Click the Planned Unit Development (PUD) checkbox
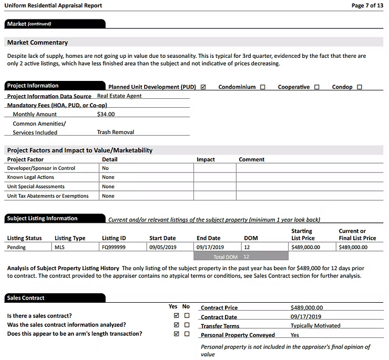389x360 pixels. point(203,87)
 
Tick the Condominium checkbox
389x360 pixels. point(262,87)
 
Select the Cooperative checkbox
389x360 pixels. point(316,87)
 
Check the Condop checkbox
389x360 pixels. point(360,87)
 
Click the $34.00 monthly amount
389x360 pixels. point(106,114)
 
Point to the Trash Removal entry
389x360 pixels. point(116,132)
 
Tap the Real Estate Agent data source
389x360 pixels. point(119,96)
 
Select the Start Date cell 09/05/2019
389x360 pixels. point(163,247)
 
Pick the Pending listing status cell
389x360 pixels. point(17,247)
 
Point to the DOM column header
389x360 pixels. point(251,238)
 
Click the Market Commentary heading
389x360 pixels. point(37,43)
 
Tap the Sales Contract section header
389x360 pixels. point(26,298)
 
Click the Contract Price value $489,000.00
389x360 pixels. point(306,308)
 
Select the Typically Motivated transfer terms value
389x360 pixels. point(315,326)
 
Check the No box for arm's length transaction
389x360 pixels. point(187,334)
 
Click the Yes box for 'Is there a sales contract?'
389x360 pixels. point(176,316)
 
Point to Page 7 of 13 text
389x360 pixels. point(367,6)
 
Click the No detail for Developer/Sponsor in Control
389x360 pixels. point(105,168)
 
